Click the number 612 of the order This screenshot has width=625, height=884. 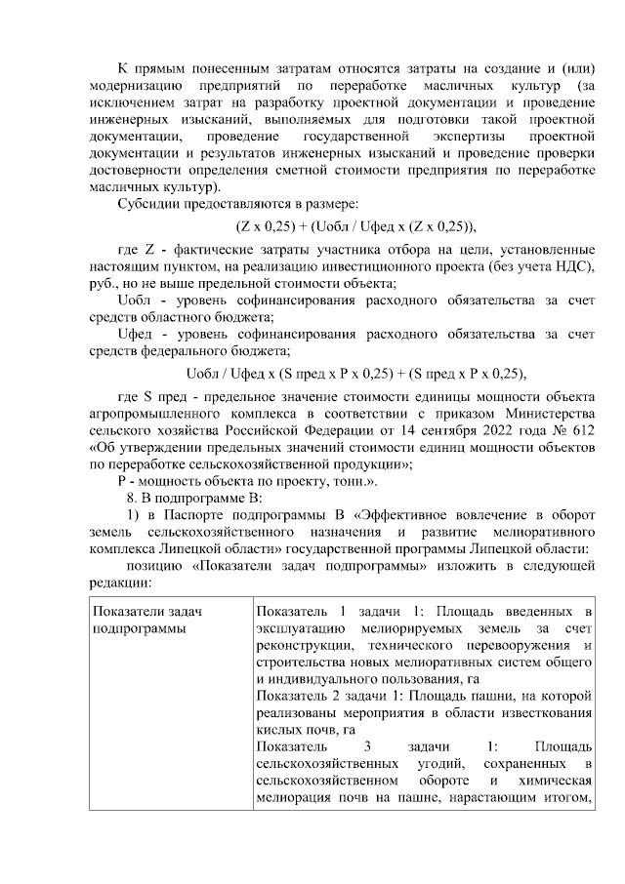pos(580,429)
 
